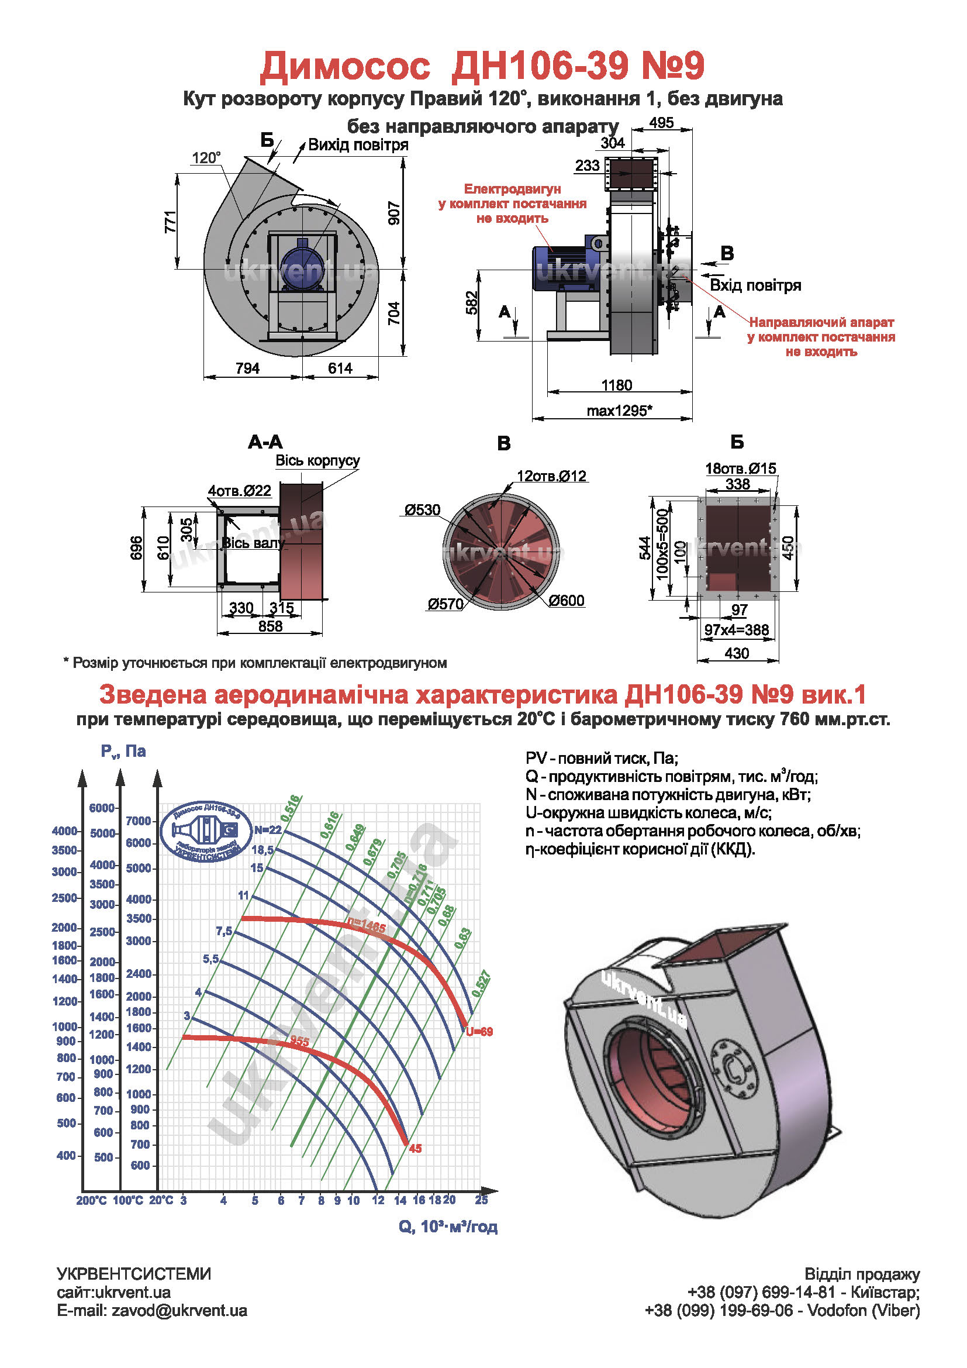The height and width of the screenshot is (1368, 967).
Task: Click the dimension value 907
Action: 394,213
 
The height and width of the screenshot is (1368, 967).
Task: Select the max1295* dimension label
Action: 619,411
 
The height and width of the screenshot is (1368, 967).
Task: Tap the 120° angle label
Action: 206,158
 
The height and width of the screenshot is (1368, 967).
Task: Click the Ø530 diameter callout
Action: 422,510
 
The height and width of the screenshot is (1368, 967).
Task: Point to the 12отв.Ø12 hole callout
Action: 551,476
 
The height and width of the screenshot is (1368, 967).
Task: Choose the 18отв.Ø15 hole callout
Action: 741,468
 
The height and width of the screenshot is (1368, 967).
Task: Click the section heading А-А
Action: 265,442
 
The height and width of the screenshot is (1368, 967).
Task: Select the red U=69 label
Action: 479,1032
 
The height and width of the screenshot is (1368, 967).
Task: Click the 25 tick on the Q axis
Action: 481,1200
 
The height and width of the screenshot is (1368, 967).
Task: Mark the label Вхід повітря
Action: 755,285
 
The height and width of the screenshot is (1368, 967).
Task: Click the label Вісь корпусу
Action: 317,460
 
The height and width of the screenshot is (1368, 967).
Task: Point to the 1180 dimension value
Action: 616,385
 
